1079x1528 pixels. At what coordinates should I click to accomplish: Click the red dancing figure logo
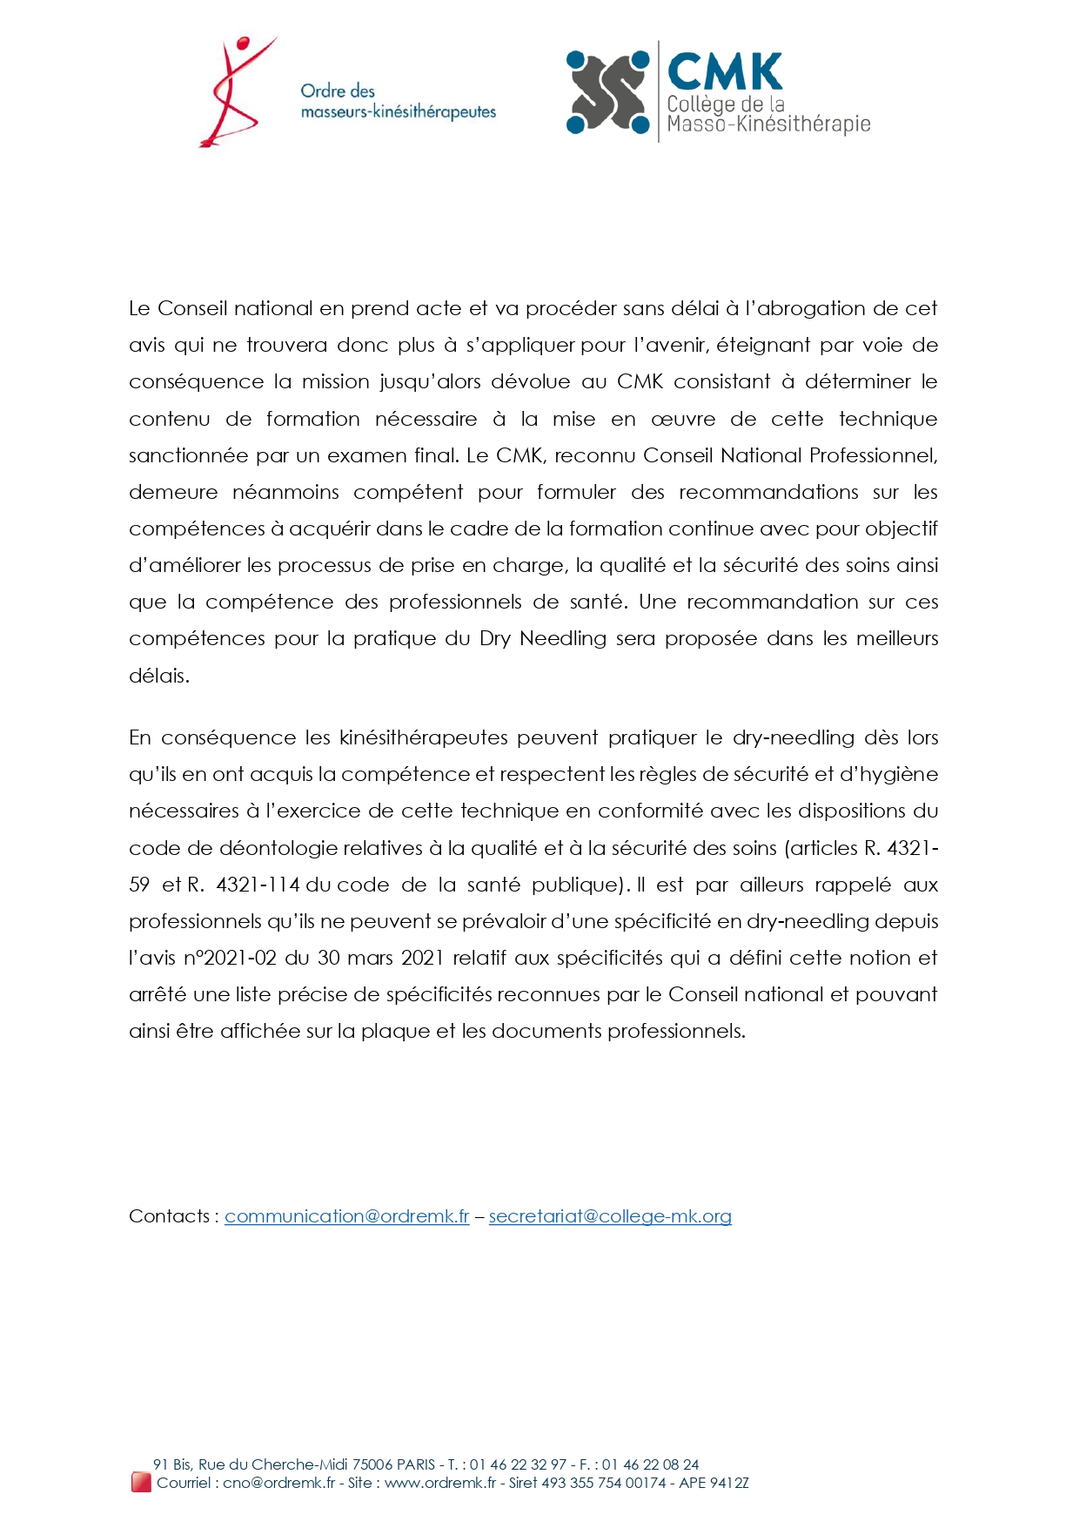232,91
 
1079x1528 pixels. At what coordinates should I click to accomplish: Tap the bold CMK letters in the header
724,71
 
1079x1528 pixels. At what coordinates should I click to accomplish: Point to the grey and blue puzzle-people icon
608,92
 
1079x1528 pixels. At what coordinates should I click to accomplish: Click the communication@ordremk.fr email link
346,1216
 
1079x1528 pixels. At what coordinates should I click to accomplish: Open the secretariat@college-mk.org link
610,1216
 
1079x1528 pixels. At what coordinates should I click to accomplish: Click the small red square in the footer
141,1482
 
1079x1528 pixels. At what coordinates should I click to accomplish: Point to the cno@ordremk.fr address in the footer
278,1483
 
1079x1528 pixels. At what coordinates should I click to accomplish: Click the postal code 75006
372,1464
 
